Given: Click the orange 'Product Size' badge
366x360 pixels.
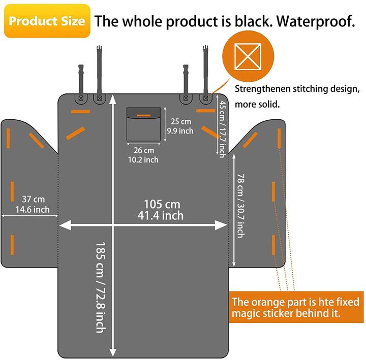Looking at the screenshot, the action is [47, 21].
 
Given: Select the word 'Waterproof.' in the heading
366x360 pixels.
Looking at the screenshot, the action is [315, 21].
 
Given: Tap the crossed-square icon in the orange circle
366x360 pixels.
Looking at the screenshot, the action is [248, 56].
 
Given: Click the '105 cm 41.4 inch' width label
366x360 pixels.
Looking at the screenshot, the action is [161, 210].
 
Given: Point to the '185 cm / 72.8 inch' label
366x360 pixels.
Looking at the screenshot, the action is [101, 287].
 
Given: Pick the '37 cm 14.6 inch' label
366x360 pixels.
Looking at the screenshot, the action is [33, 204].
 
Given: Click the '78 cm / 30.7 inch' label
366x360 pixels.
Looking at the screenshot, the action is [241, 206].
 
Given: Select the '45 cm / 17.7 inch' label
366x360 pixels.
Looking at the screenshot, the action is [223, 129].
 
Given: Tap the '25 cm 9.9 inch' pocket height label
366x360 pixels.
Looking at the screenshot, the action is [180, 126].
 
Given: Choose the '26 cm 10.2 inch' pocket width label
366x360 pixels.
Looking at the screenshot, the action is [143, 155].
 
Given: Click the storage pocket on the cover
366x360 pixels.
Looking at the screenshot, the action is [143, 124].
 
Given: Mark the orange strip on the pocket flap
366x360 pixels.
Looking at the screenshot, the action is [143, 115].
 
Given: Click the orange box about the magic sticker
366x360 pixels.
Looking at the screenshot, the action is [296, 307].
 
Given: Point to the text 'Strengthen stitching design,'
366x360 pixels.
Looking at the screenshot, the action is [297, 89].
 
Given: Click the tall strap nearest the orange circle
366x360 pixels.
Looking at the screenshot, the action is [206, 70].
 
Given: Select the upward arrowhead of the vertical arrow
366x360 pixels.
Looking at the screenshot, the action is [113, 99].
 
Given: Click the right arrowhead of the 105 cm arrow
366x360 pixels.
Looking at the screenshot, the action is [221, 225].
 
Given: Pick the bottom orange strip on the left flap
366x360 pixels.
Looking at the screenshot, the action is [12, 245].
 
